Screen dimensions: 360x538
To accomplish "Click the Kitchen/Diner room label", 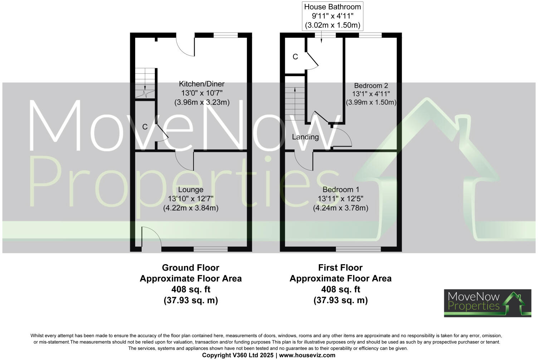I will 201,84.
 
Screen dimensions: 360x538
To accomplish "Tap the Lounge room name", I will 191,190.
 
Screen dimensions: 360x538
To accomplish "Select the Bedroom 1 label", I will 341,190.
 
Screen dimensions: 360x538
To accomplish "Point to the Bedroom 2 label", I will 371,86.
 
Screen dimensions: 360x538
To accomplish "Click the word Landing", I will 305,137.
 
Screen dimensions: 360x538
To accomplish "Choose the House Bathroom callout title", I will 332,7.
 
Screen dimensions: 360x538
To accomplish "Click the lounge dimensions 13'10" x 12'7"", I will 191,199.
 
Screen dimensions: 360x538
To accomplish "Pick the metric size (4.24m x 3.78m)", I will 341,208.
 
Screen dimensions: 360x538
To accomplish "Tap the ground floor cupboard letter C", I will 145,127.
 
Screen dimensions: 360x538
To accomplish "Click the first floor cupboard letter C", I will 295,57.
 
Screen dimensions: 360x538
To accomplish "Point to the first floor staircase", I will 295,104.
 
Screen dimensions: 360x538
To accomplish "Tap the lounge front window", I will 210,249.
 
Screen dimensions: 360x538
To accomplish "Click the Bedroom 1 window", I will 358,249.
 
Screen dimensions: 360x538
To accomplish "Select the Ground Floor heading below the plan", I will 190,268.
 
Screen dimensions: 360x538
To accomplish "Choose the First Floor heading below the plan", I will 340,268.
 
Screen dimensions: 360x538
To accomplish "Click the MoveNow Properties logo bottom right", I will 487,303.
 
